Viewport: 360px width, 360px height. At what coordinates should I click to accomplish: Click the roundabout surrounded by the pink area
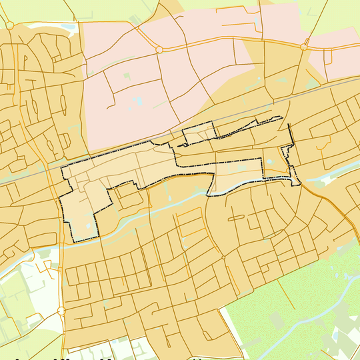(159, 49)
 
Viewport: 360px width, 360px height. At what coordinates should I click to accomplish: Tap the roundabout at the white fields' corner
(61, 310)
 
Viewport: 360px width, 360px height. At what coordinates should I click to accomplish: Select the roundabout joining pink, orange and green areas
(304, 47)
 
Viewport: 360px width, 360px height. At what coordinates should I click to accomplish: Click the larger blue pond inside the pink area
(138, 101)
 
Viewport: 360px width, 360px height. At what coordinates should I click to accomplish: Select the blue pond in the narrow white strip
(69, 27)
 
